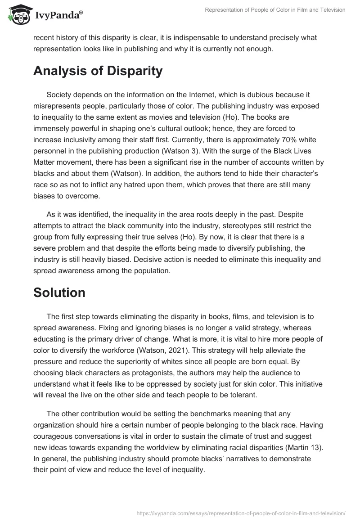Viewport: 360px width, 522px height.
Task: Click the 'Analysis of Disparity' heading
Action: click(98, 71)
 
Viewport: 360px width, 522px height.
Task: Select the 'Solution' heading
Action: click(59, 292)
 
